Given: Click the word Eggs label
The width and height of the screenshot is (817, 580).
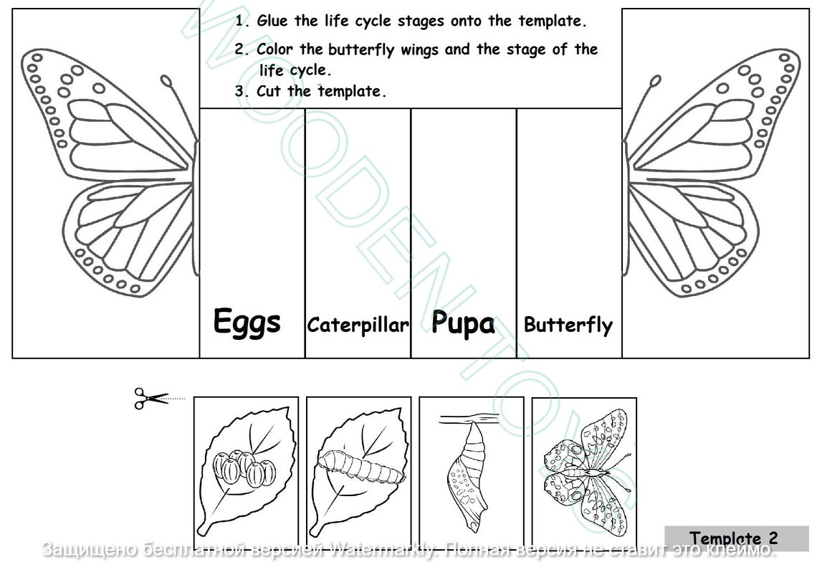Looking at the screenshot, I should (247, 323).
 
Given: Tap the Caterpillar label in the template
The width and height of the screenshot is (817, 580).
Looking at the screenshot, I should (358, 325).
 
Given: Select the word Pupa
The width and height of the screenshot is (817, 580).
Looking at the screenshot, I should (463, 324).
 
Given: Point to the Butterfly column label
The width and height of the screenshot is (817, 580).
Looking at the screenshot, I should (568, 325).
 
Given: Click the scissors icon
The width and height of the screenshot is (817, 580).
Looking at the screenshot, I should (150, 398).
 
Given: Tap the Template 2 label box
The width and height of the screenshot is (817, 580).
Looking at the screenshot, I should (735, 538).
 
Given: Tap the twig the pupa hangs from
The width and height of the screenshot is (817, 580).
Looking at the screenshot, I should (470, 417).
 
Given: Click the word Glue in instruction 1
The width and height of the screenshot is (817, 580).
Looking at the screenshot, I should (273, 21).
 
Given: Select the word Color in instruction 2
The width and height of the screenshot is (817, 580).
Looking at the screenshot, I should (274, 49).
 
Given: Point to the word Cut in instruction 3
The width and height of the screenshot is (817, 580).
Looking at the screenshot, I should (268, 91).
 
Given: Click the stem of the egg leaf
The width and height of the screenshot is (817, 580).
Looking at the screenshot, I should (205, 528).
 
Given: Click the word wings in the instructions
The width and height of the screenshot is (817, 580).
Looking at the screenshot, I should (419, 50).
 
